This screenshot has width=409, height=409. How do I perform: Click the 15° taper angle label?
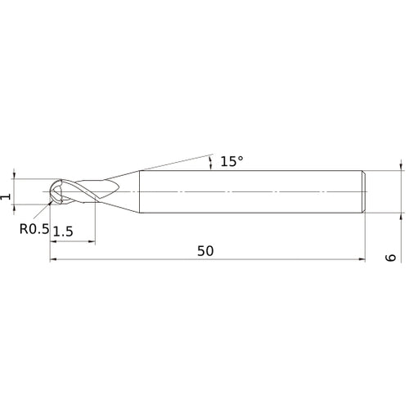tap(231, 162)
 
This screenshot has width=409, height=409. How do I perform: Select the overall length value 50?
tap(205, 252)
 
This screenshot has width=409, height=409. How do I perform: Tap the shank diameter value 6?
tap(391, 256)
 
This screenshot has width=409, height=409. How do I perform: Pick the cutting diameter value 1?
tap(6, 196)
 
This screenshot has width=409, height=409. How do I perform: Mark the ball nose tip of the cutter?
tap(52, 192)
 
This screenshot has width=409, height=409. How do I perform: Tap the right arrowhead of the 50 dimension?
tap(360, 261)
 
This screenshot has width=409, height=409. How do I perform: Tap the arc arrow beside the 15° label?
tap(211, 160)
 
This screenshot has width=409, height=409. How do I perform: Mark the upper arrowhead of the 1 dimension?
tap(15, 175)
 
